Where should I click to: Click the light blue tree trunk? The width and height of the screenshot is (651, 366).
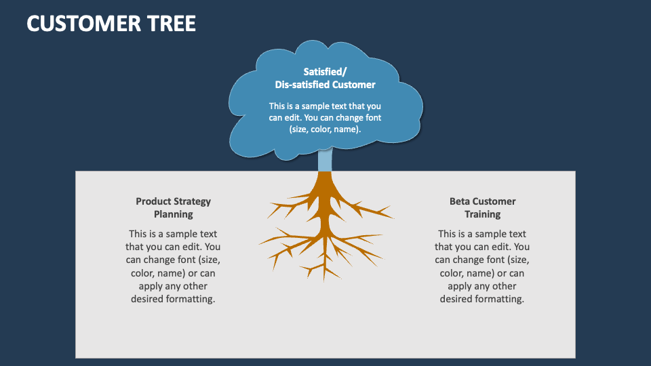click(325, 161)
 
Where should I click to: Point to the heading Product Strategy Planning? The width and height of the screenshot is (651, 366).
click(173, 207)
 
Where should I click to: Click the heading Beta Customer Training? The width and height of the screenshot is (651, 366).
click(482, 207)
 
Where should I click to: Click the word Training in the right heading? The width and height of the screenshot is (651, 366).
click(482, 214)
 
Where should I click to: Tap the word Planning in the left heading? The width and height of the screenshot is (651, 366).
click(173, 214)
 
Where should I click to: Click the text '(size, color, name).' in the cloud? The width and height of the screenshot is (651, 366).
click(325, 129)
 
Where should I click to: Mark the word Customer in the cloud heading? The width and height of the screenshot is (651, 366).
click(353, 85)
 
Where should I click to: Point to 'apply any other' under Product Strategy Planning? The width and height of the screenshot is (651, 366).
click(173, 286)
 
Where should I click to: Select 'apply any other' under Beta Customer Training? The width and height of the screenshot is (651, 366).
click(482, 286)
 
